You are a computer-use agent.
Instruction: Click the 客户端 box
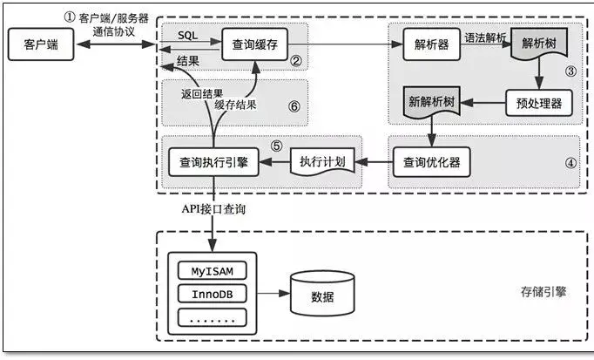click(x=36, y=44)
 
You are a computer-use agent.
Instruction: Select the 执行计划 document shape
click(x=323, y=162)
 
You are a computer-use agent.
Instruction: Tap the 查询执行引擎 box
click(x=213, y=161)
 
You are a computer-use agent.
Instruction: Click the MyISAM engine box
click(x=212, y=270)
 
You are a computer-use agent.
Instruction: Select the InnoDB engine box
click(x=212, y=294)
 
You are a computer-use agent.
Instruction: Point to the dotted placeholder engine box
click(x=212, y=317)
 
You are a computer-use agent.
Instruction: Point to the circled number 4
click(x=570, y=161)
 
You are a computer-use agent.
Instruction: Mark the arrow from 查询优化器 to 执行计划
click(x=375, y=162)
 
